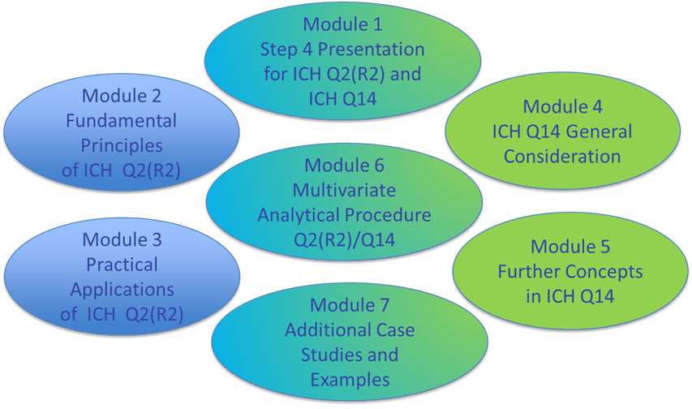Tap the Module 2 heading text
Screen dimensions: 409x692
point(122,96)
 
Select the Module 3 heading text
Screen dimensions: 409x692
point(122,239)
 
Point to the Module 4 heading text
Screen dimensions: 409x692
point(566,106)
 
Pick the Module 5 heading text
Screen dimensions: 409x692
point(570,246)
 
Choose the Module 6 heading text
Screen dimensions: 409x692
point(344,166)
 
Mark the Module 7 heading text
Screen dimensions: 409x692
point(350,305)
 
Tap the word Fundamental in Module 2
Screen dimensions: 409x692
point(122,121)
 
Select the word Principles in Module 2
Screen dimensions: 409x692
point(122,146)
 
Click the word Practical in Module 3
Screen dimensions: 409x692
point(122,265)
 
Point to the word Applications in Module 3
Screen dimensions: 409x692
point(122,290)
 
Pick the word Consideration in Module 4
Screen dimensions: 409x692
point(562,156)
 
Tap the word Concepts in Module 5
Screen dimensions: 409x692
point(604,271)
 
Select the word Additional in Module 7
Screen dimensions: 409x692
point(328,330)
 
